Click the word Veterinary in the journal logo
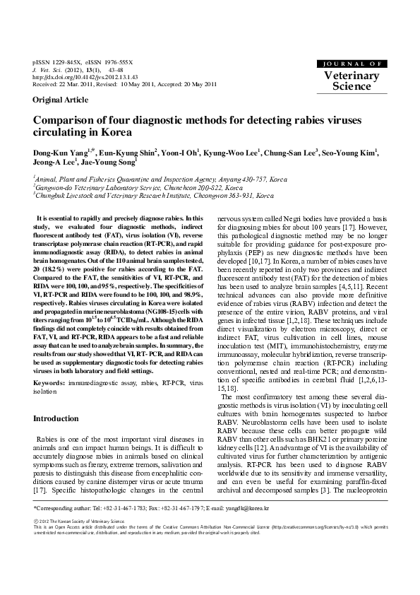click(352, 76)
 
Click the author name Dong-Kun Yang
click(57, 151)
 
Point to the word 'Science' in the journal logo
click(352, 87)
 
